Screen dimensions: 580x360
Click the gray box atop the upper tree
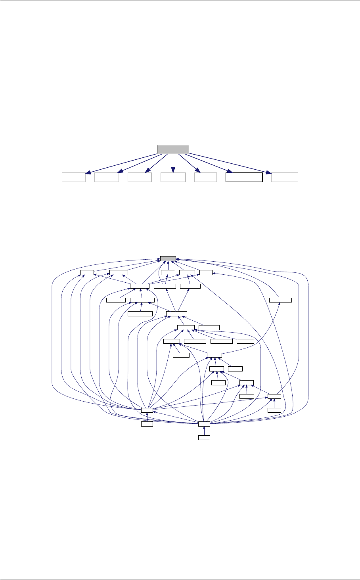click(173, 149)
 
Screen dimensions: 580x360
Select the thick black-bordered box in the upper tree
click(244, 177)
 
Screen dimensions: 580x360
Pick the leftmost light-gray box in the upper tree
click(74, 177)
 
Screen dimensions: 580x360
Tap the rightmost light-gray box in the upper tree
click(285, 177)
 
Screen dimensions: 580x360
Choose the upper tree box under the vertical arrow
click(173, 177)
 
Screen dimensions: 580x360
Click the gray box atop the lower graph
click(168, 258)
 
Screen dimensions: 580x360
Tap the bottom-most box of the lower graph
click(204, 437)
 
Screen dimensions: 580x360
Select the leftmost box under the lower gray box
click(87, 272)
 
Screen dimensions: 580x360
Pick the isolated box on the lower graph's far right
click(280, 299)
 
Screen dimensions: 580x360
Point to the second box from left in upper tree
click(107, 177)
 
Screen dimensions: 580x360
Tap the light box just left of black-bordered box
click(206, 177)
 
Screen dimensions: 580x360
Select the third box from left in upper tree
click(140, 177)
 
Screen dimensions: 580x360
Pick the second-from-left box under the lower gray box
click(119, 272)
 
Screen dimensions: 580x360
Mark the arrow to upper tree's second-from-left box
click(139, 163)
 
